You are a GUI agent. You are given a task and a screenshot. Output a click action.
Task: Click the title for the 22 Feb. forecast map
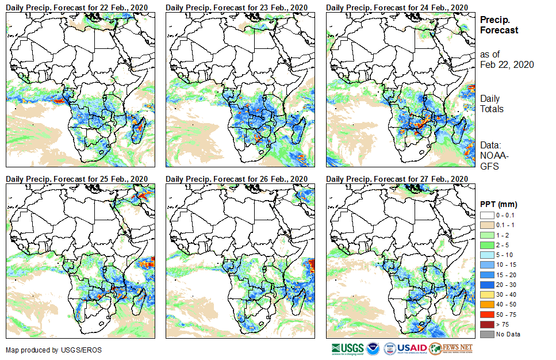[x=77, y=7]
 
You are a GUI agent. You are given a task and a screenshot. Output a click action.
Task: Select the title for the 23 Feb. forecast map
[x=237, y=7]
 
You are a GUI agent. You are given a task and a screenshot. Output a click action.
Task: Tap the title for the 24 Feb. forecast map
[x=397, y=7]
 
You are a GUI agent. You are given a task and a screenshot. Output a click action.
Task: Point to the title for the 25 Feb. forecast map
[x=77, y=179]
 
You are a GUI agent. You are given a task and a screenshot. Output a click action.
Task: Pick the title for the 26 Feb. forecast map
[x=237, y=179]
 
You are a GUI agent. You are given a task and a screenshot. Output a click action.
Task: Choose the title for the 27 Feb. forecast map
[x=397, y=179]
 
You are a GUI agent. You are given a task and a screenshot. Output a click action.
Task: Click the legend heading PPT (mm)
[x=499, y=204]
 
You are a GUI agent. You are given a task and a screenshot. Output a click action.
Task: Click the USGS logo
[x=347, y=348]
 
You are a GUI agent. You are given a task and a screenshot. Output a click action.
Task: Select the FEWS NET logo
[x=451, y=348]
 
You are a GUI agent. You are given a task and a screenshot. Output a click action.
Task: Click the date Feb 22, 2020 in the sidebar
[x=507, y=64]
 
